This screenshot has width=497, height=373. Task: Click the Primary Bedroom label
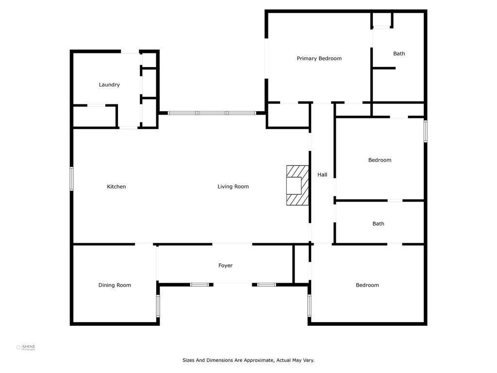(x=319, y=59)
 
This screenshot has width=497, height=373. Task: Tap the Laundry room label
(x=109, y=85)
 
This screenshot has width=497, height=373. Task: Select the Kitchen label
(x=116, y=186)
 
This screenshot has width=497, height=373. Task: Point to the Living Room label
(x=233, y=186)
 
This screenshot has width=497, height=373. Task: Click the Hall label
(x=322, y=174)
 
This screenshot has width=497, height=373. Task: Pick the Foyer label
(x=225, y=266)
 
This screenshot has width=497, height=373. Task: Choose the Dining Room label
(x=115, y=285)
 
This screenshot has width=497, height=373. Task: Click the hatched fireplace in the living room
(x=298, y=185)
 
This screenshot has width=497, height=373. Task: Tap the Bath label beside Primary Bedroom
(x=399, y=53)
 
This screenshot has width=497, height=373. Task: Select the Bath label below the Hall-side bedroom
(x=378, y=223)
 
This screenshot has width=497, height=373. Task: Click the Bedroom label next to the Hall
(x=380, y=160)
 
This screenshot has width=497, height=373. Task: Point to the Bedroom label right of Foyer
(x=367, y=285)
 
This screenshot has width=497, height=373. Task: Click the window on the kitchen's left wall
(x=72, y=179)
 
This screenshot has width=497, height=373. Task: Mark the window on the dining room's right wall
(x=158, y=306)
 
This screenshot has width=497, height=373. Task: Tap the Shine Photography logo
(x=26, y=348)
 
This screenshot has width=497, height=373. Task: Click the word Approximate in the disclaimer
(x=258, y=360)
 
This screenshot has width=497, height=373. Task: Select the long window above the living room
(x=212, y=113)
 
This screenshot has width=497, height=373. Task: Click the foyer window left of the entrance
(x=199, y=285)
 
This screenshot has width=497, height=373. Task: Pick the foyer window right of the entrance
(x=266, y=285)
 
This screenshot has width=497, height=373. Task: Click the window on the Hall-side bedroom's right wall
(x=425, y=131)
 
